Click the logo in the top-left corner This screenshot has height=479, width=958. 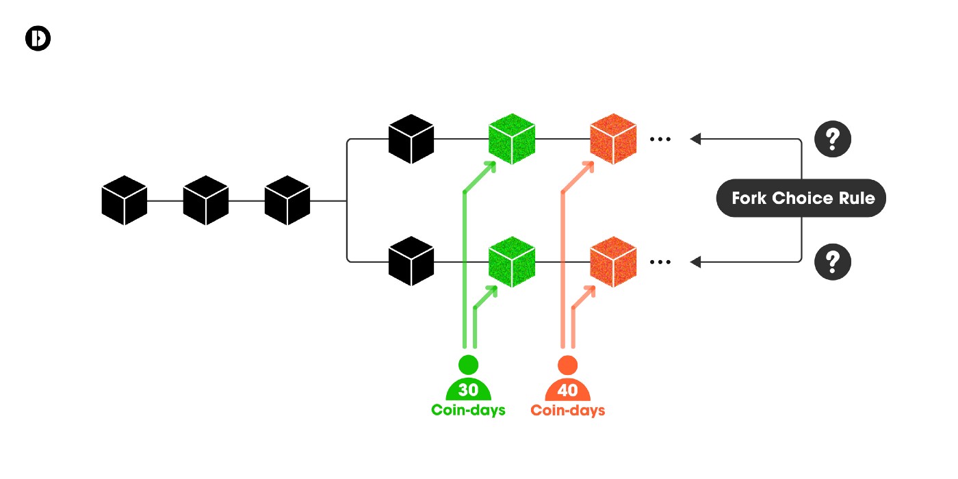pyautogui.click(x=38, y=39)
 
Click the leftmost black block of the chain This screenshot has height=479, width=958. pyautogui.click(x=125, y=200)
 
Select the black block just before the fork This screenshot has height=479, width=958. pyautogui.click(x=287, y=200)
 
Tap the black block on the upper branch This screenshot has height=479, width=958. pyautogui.click(x=411, y=140)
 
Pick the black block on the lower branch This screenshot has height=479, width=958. pyautogui.click(x=411, y=261)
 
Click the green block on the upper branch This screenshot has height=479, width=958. pyautogui.click(x=511, y=140)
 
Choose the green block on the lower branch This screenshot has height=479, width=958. pyautogui.click(x=511, y=261)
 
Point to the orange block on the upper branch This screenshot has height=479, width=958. pyautogui.click(x=613, y=140)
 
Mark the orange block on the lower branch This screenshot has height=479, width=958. pyautogui.click(x=613, y=261)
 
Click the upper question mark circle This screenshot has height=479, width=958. pyautogui.click(x=833, y=140)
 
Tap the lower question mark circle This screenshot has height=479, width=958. pyautogui.click(x=833, y=261)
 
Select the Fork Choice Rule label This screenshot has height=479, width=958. pyautogui.click(x=801, y=199)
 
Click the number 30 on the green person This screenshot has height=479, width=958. pyautogui.click(x=468, y=391)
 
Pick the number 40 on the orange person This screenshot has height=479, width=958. pyautogui.click(x=567, y=391)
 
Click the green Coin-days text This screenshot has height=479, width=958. pyautogui.click(x=468, y=411)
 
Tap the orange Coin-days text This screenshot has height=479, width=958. pyautogui.click(x=568, y=411)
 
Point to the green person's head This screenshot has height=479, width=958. pyautogui.click(x=468, y=363)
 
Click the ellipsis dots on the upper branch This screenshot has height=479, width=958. pyautogui.click(x=660, y=140)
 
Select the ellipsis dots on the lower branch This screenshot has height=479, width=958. pyautogui.click(x=660, y=261)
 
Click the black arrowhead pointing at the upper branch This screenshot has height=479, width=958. pyautogui.click(x=696, y=140)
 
